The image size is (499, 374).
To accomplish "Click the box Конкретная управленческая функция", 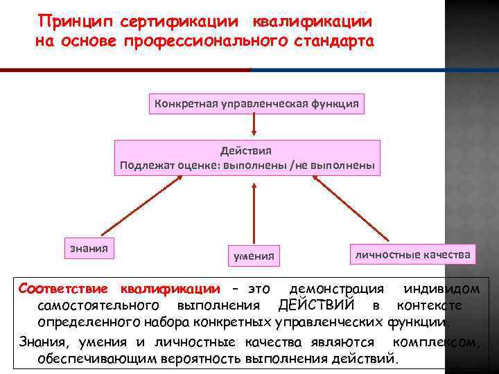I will (x=257, y=104).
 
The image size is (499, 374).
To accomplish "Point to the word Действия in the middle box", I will (x=246, y=150).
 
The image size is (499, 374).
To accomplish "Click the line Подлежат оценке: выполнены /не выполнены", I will (x=247, y=166).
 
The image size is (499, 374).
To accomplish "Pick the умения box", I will (x=254, y=256).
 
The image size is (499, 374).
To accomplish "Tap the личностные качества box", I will (x=412, y=254).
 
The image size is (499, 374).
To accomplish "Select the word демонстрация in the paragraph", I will (x=336, y=288).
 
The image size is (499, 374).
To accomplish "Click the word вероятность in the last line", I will (x=269, y=358).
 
